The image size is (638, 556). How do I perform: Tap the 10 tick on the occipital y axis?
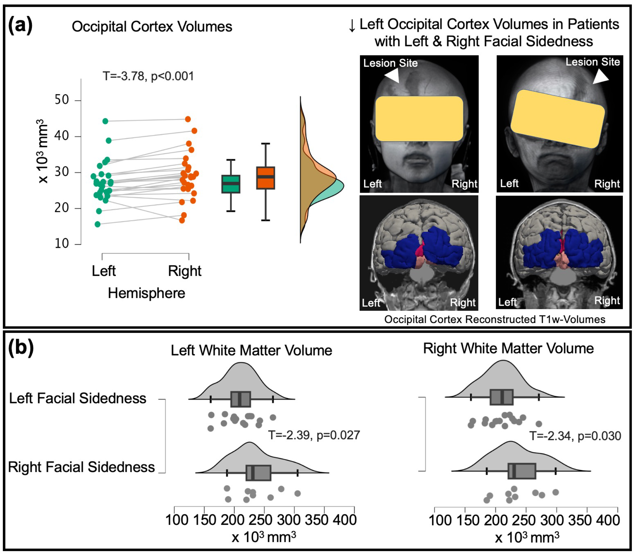tap(78, 244)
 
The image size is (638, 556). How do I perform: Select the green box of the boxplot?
tap(231, 184)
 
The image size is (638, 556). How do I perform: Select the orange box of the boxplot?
tap(266, 178)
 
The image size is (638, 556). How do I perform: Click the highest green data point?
tap(105, 121)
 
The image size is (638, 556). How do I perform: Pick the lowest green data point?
tap(97, 224)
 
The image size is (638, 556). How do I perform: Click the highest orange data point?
tap(188, 119)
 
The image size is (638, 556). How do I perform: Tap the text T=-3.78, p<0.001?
tap(148, 76)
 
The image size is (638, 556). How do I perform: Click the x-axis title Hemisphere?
tap(146, 293)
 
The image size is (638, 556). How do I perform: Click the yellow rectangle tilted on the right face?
tap(558, 119)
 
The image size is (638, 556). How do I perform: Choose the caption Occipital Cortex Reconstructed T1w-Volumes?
tap(495, 319)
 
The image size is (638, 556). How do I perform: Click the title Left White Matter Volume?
tap(251, 350)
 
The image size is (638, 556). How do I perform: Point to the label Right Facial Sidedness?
tap(81, 467)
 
